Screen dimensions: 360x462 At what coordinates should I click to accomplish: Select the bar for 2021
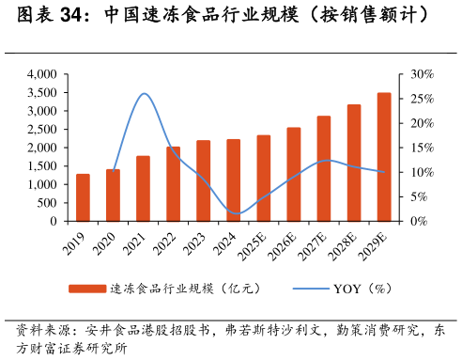143,189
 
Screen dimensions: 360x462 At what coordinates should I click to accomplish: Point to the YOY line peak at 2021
144,94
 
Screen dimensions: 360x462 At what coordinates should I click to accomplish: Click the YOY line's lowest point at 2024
235,213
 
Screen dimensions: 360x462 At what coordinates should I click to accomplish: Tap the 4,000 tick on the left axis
41,74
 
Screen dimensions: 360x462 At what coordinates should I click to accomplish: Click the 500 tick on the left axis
48,203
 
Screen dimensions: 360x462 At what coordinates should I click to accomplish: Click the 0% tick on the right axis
418,222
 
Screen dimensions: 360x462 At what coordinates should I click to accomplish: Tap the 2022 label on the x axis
169,242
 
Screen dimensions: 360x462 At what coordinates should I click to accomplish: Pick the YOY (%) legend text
362,289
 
